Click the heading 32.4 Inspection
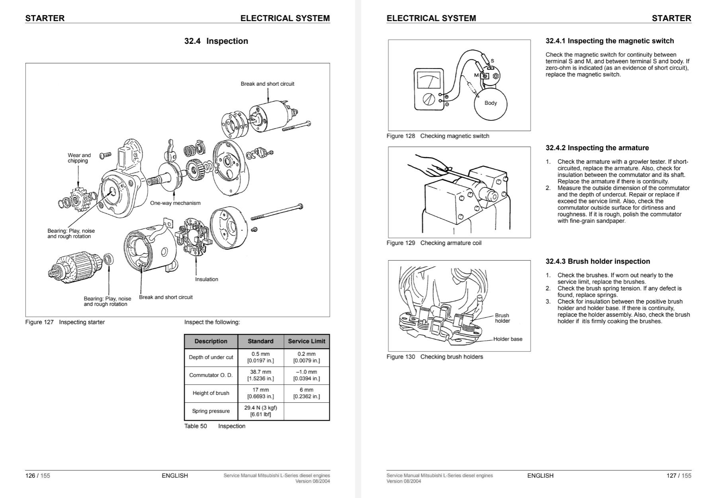(x=216, y=41)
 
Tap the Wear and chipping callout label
(x=79, y=158)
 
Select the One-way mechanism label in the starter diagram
(x=175, y=203)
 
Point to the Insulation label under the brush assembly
(x=206, y=279)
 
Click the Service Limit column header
(x=306, y=341)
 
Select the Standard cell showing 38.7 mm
(x=260, y=375)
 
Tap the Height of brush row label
(x=211, y=393)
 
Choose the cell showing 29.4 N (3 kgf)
(x=260, y=411)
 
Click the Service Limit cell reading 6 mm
(x=306, y=393)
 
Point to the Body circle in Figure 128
(x=490, y=103)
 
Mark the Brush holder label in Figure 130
(x=502, y=318)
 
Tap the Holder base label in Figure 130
(x=507, y=339)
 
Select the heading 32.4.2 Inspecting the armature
(x=597, y=148)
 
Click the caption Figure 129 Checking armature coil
(x=434, y=243)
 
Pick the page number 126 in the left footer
(x=30, y=475)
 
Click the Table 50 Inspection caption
(x=215, y=426)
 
